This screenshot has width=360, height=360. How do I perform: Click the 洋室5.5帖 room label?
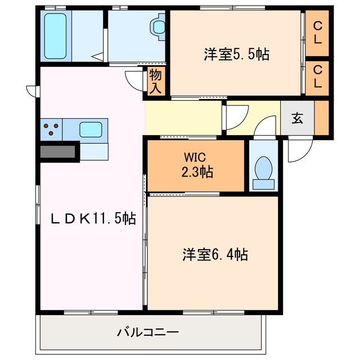click(236, 55)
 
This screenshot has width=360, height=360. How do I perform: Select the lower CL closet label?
click(318, 77)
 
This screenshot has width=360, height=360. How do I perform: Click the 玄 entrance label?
click(296, 119)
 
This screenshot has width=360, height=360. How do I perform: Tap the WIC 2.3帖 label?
click(196, 166)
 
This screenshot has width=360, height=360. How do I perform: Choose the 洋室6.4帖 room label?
click(214, 254)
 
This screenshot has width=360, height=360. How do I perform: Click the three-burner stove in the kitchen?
click(51, 129)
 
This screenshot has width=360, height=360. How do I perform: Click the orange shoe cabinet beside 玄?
click(322, 118)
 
